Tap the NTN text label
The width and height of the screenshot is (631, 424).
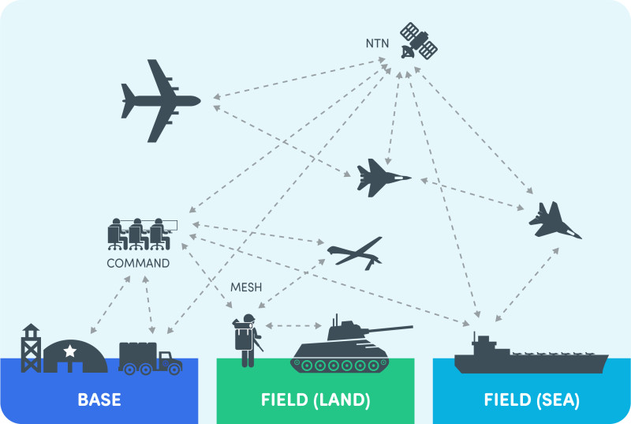[x=377, y=43]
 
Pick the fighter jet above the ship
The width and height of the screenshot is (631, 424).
[x=554, y=220]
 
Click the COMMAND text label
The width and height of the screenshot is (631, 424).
[x=138, y=263]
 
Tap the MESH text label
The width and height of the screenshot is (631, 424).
[x=246, y=286]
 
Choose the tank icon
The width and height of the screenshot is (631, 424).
[x=342, y=348]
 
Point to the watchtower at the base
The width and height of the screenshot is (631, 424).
[x=31, y=347]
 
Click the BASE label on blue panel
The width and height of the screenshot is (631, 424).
[x=99, y=400]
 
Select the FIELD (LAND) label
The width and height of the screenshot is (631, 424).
[x=315, y=400]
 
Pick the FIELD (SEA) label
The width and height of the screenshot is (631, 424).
[x=532, y=400]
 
